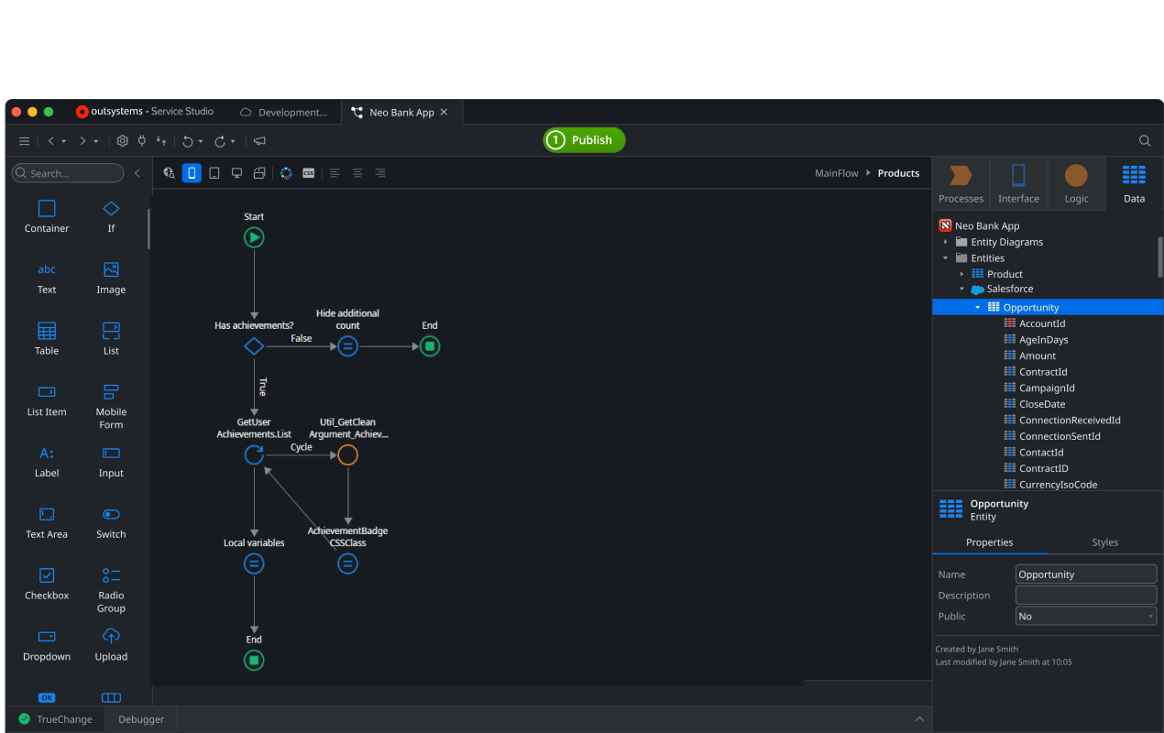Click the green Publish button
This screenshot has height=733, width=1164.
click(584, 140)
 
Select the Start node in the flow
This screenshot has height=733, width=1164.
click(254, 238)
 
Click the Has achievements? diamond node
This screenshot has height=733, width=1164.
click(254, 346)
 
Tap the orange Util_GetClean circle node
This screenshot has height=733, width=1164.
click(347, 455)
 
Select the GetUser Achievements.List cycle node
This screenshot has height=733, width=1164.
click(254, 455)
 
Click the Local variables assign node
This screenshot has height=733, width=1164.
click(254, 563)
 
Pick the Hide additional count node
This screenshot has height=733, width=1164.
click(347, 346)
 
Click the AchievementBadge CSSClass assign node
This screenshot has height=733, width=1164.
click(347, 563)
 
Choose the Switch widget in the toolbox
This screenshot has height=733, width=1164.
click(111, 522)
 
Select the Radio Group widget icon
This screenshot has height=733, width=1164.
click(111, 575)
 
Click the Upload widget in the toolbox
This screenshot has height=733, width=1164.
click(111, 645)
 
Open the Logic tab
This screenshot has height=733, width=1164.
click(1076, 184)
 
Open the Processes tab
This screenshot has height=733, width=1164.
click(961, 184)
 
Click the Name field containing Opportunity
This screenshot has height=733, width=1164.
click(1086, 574)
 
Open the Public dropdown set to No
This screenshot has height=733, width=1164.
click(1086, 616)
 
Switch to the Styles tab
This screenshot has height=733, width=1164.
click(1104, 542)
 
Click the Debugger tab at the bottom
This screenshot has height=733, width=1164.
click(141, 719)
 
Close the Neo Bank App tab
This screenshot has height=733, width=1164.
click(445, 112)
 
